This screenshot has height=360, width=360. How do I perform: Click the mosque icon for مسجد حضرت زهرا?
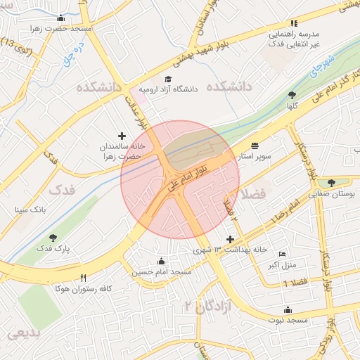coord(61,18)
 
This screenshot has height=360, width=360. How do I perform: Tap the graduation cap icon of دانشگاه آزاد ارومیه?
coord(168,79)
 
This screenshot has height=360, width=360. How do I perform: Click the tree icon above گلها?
coord(292,95)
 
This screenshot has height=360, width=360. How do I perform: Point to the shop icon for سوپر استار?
coord(254,146)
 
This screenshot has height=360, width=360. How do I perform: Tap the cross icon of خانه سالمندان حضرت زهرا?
coord(122,135)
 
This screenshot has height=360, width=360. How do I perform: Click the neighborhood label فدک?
coord(63,189)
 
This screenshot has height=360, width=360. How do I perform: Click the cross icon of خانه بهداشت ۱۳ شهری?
coord(230,240)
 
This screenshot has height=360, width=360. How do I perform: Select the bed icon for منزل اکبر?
coord(283,254)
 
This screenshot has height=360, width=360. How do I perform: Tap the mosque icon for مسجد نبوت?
coord(287,309)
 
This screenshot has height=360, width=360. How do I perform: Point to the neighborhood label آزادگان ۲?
coord(208,305)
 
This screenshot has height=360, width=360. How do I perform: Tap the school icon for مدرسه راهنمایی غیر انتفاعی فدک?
coord(294,23)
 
